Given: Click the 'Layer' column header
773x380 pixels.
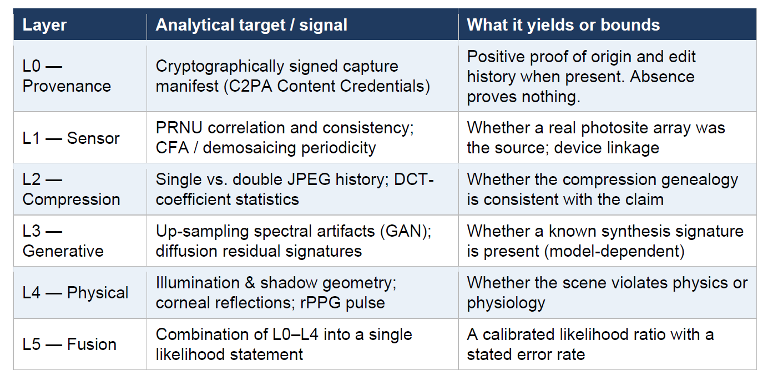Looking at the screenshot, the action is [x=44, y=25].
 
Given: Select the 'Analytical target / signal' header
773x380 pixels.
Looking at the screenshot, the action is [x=251, y=25].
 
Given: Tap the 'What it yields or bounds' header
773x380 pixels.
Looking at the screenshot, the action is [x=563, y=25].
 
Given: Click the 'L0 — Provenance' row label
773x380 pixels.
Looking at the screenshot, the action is [x=67, y=76].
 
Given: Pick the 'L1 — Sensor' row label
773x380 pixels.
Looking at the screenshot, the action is [x=70, y=138].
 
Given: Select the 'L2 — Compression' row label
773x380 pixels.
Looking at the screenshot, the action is [x=71, y=189].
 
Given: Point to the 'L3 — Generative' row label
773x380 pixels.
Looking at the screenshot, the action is [x=63, y=241].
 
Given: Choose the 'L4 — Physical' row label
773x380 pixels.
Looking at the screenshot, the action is [x=75, y=293].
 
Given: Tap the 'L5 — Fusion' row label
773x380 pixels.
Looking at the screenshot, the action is [x=69, y=344].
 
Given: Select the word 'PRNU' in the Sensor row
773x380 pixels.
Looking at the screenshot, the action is [x=179, y=128].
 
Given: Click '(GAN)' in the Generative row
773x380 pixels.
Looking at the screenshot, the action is [x=406, y=231].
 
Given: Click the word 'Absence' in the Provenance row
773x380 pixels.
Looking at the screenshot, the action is [x=662, y=77].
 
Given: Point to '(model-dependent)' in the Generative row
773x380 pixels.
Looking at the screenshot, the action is [x=615, y=251].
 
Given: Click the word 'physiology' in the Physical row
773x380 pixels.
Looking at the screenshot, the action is [x=506, y=303].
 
